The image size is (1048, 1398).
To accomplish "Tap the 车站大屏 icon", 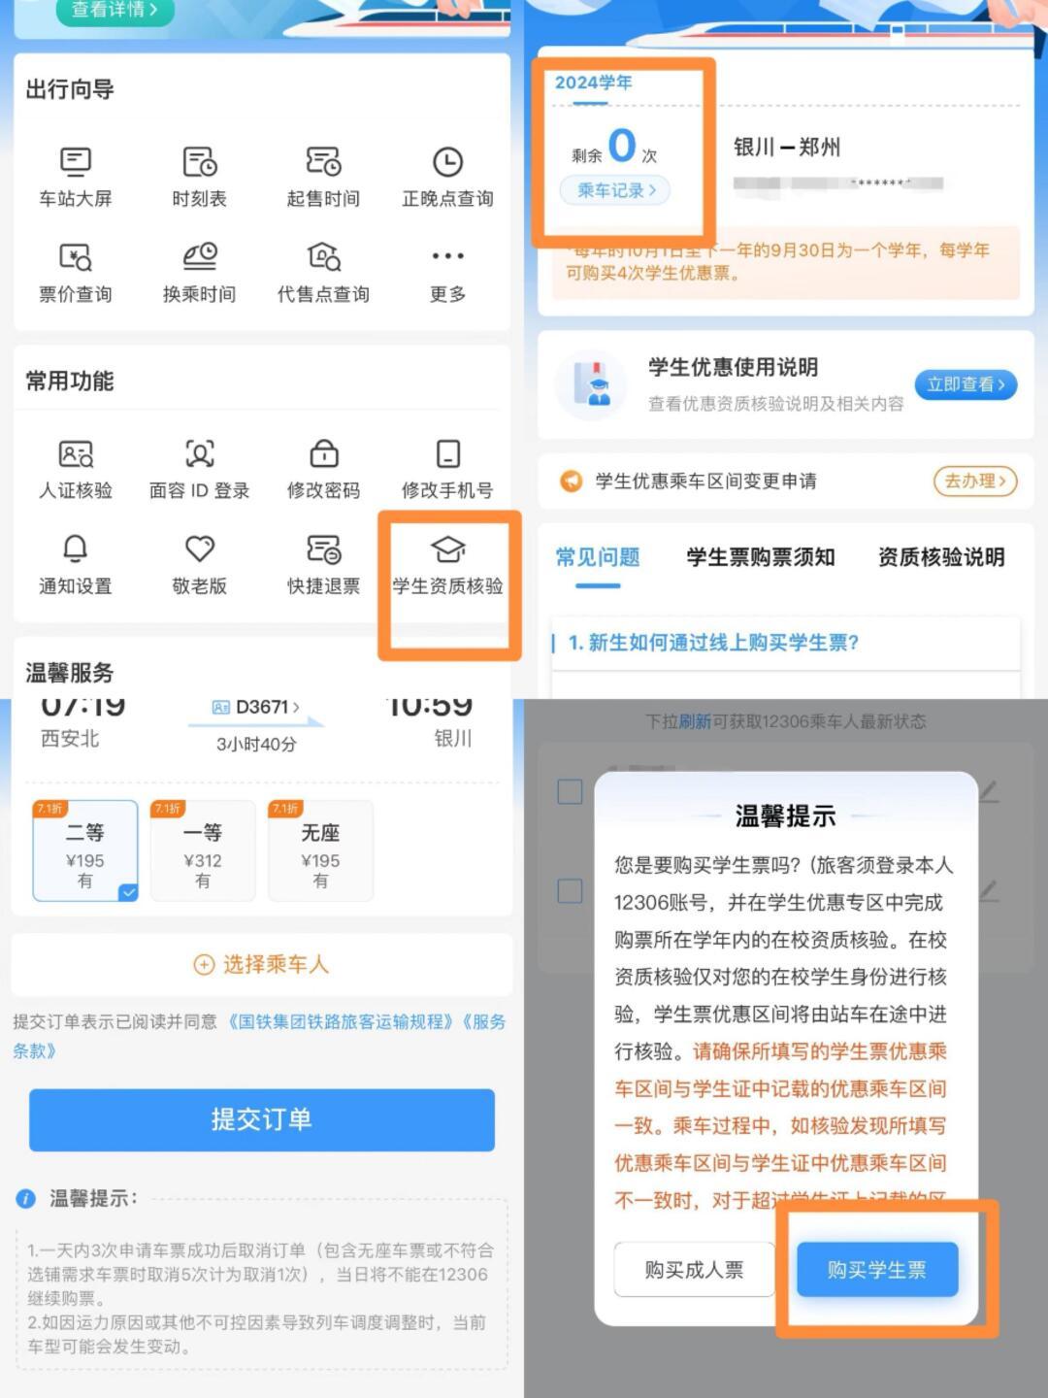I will point(75,162).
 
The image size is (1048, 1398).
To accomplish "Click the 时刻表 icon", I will point(199,162).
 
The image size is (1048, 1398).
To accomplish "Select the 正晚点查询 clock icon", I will point(447,162).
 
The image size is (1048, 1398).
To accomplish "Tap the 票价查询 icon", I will point(75,257).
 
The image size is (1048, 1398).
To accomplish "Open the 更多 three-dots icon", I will point(447,256).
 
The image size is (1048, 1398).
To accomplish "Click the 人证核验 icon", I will point(75,454).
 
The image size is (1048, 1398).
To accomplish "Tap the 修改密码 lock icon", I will point(323,454).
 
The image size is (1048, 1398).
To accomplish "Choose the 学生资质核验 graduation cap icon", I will point(447,549).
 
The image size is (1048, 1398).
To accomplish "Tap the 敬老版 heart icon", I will point(199,549).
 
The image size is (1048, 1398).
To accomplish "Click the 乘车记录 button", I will point(616,190).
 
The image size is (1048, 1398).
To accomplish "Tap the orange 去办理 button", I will point(974,481).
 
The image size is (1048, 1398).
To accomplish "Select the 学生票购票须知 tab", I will point(760,557).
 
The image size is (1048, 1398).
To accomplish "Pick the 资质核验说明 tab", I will point(940,557).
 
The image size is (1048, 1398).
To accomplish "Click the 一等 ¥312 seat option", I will point(203,851).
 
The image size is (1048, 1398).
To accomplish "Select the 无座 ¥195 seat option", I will point(320,851).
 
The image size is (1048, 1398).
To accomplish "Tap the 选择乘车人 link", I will point(262,964).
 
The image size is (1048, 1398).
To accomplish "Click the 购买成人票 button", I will point(694,1270).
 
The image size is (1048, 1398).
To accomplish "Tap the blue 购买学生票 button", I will point(876,1270).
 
